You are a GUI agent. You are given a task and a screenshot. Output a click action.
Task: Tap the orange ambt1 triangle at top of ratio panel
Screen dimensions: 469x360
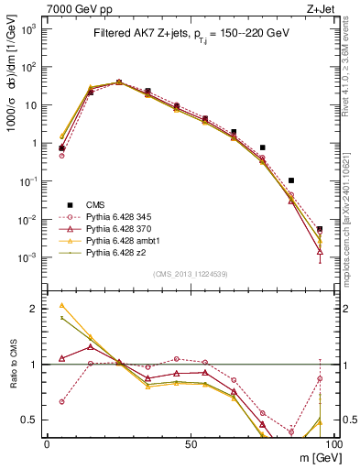(61, 306)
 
